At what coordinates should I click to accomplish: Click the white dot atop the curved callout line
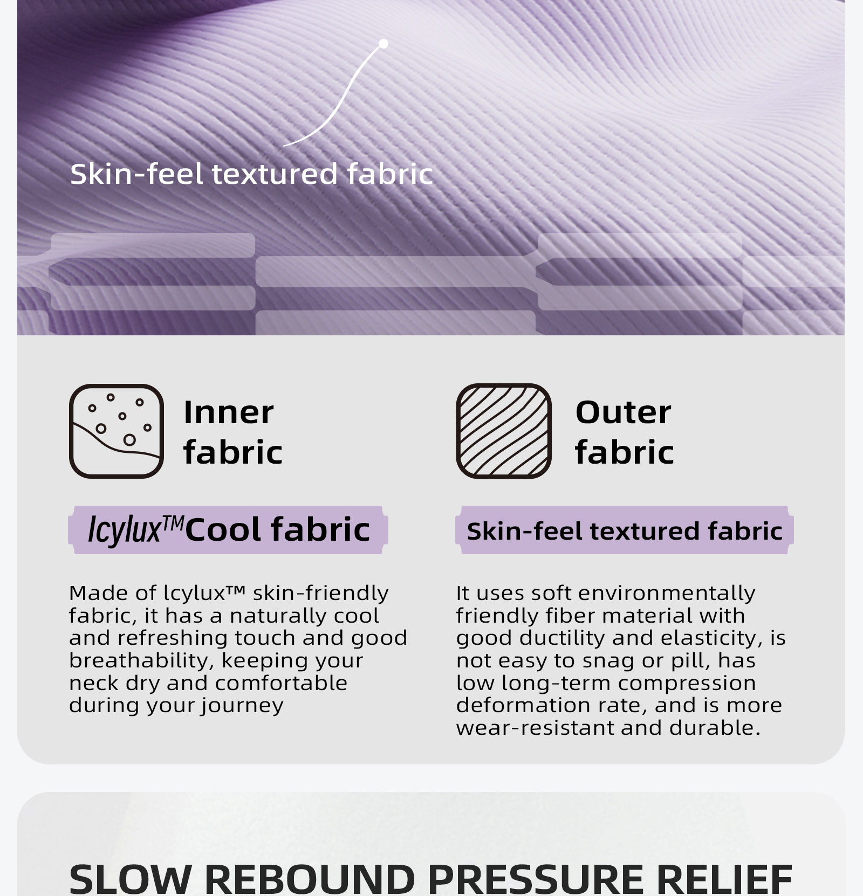pyautogui.click(x=383, y=44)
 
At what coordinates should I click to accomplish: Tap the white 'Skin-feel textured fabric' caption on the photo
pyautogui.click(x=251, y=174)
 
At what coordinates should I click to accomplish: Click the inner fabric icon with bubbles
pyautogui.click(x=117, y=431)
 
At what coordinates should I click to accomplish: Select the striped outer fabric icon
pyautogui.click(x=504, y=431)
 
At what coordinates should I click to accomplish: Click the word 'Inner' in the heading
pyautogui.click(x=229, y=413)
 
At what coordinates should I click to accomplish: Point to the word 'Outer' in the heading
pyautogui.click(x=624, y=413)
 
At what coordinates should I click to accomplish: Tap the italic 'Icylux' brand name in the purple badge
pyautogui.click(x=125, y=530)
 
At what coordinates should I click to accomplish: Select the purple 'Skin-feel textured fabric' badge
pyautogui.click(x=625, y=530)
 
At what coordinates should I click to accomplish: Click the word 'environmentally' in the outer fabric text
pyautogui.click(x=667, y=594)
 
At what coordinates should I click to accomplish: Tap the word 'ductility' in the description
pyautogui.click(x=563, y=638)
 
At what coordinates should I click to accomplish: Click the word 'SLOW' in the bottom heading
pyautogui.click(x=130, y=879)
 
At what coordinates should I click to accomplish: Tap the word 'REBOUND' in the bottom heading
pyautogui.click(x=310, y=879)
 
